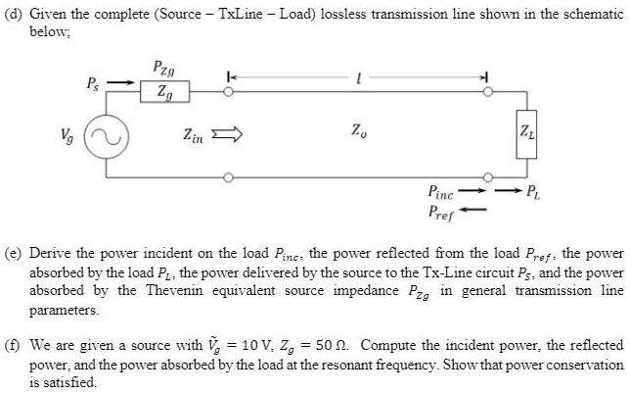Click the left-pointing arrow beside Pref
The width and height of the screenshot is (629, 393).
(474, 208)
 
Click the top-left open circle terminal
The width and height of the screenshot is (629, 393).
(228, 93)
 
